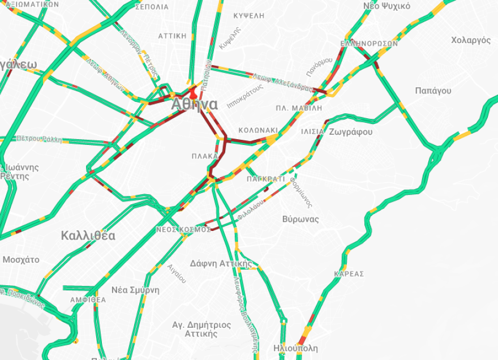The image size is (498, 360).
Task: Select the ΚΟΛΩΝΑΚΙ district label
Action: pyautogui.click(x=258, y=130)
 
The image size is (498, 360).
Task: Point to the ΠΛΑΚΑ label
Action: pyautogui.click(x=205, y=156)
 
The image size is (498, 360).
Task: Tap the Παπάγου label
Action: pyautogui.click(x=433, y=91)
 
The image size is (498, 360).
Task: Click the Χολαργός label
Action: pyautogui.click(x=471, y=40)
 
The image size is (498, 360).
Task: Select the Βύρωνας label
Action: pyautogui.click(x=300, y=219)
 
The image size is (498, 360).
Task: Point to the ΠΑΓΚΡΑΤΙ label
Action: pyautogui.click(x=265, y=179)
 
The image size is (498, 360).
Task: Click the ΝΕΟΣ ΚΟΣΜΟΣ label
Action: pyautogui.click(x=183, y=229)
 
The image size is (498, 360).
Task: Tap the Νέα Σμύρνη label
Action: pyautogui.click(x=135, y=290)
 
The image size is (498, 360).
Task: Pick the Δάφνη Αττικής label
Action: pyautogui.click(x=221, y=263)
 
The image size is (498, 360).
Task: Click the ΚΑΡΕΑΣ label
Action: pyautogui.click(x=349, y=274)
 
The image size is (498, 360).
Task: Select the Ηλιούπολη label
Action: pyautogui.click(x=295, y=348)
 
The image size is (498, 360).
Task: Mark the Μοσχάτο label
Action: pyautogui.click(x=21, y=260)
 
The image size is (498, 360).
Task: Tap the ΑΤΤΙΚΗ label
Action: pyautogui.click(x=172, y=36)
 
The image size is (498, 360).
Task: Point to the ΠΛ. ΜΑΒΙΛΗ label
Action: pyautogui.click(x=299, y=108)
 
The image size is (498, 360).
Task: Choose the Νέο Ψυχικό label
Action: pyautogui.click(x=387, y=6)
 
